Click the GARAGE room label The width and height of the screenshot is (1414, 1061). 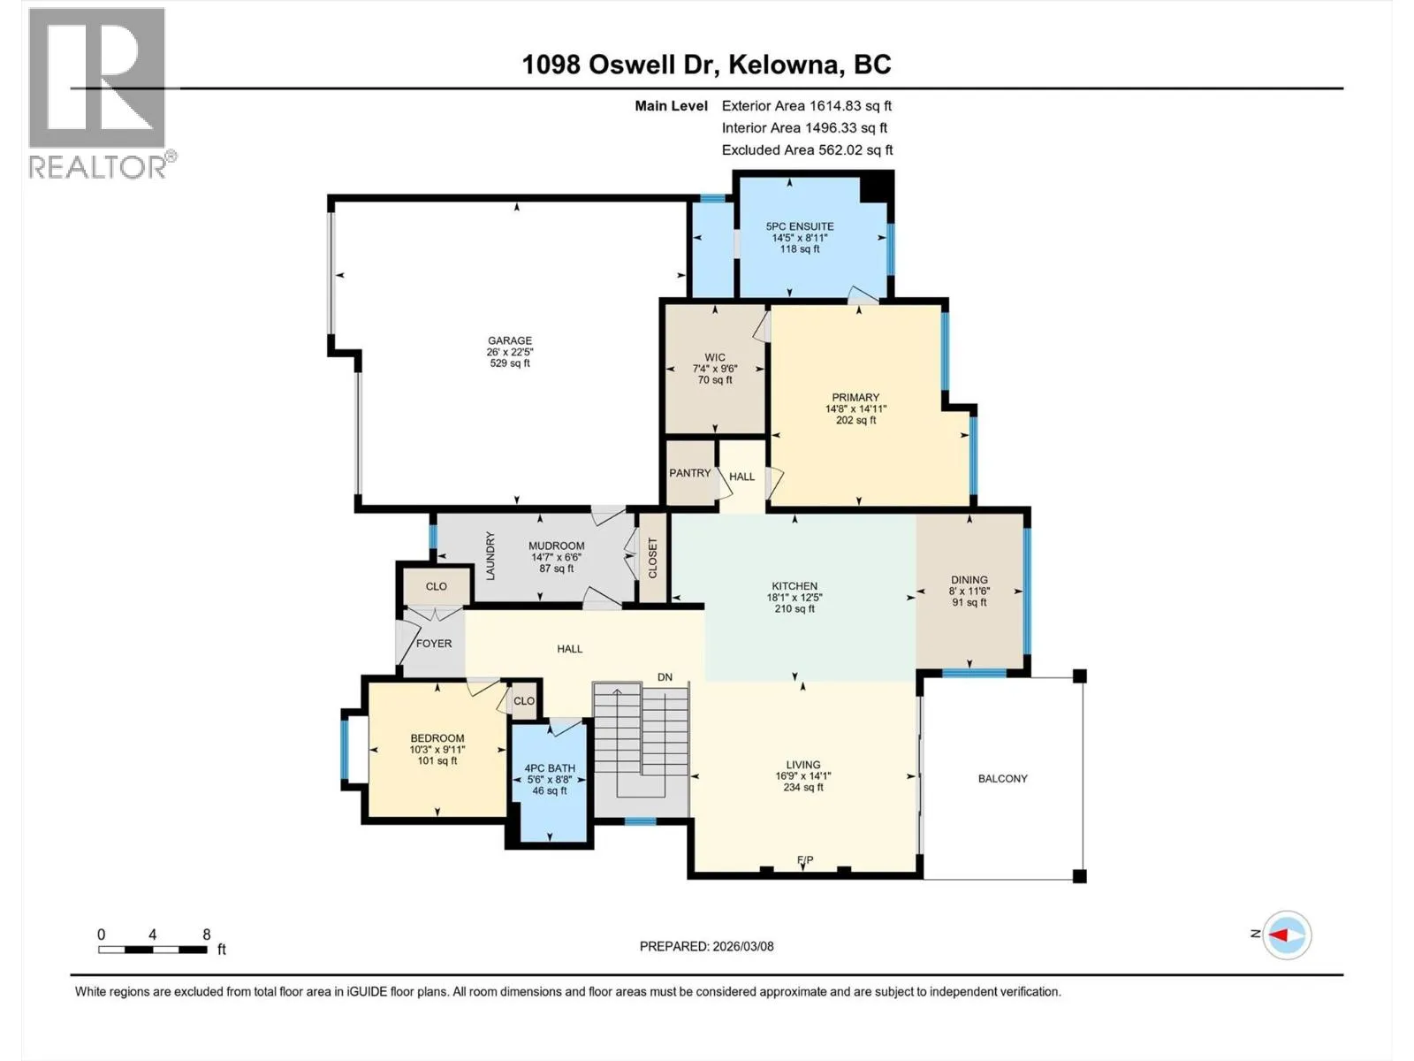[510, 340]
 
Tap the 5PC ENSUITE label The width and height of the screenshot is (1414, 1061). [800, 226]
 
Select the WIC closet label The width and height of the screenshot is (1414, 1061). [714, 357]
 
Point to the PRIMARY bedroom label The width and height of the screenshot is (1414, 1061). [855, 398]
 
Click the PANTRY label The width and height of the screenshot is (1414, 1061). [690, 473]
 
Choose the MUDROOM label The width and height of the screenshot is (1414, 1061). [557, 546]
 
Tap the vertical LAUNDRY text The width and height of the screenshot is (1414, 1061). [490, 556]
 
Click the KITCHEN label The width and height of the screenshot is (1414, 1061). [794, 586]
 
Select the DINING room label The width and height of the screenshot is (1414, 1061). [969, 580]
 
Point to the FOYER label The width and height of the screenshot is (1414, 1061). [434, 644]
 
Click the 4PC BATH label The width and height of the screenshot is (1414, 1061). [550, 768]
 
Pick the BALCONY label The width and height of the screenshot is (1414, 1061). [1002, 779]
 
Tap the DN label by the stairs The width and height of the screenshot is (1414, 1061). [665, 677]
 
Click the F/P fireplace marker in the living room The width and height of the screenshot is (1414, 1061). [805, 860]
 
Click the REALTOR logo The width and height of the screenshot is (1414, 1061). [101, 94]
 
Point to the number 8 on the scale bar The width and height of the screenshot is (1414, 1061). [206, 934]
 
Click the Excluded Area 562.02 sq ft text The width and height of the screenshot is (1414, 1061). [807, 150]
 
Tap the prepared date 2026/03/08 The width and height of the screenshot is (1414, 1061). [742, 946]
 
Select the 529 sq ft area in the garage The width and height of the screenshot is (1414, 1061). [510, 363]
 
